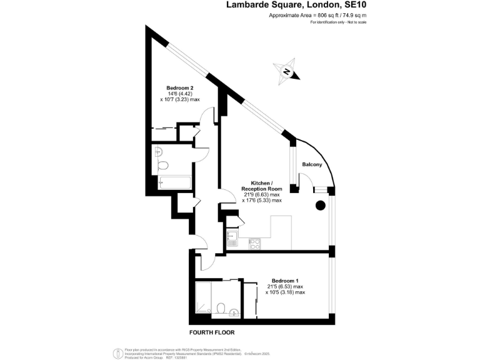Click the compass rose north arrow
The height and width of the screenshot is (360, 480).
pos(287,71)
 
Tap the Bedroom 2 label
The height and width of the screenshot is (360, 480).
pos(179,87)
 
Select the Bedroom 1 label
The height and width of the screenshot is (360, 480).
pos(285,280)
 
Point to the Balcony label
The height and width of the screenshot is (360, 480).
pos(312,164)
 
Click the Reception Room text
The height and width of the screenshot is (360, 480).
pos(262,189)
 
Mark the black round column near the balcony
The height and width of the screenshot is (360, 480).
pos(321,204)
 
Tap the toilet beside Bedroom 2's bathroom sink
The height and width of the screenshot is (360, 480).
pos(163,165)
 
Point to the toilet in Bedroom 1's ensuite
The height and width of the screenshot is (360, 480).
pos(221,308)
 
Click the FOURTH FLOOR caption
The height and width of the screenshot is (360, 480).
pos(212,332)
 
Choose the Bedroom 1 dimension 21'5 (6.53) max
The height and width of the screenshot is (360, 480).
pos(285,286)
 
